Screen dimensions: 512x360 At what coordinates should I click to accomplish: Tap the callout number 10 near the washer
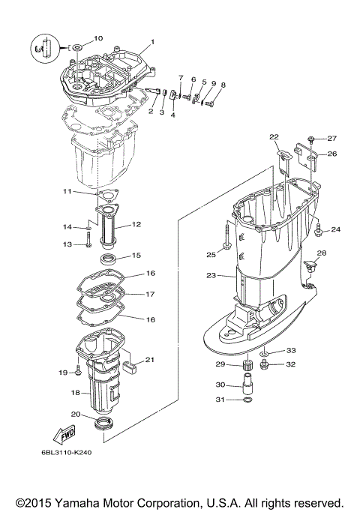coord(98,38)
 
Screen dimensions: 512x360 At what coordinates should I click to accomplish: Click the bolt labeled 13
coord(88,243)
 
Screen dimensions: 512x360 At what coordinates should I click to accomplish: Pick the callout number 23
coord(211,276)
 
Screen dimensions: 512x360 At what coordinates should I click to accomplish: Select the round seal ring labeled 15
coord(107,259)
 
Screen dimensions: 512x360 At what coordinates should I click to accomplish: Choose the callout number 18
coord(74,391)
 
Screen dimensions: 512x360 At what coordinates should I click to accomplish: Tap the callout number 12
coord(136,224)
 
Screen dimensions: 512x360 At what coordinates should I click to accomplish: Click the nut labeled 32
coord(265,365)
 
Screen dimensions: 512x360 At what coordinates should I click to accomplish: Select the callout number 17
coord(150,294)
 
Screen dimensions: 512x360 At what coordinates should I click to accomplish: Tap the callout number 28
coord(322,253)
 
